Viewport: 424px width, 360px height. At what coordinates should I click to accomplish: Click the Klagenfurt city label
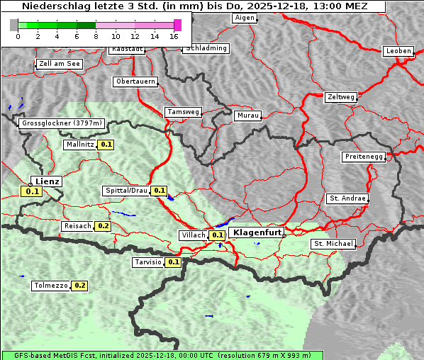(x=257, y=232)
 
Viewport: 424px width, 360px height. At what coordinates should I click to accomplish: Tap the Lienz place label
(x=48, y=181)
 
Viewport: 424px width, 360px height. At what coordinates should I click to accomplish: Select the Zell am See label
(x=60, y=64)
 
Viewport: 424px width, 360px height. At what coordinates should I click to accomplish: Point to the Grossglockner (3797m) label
(x=62, y=123)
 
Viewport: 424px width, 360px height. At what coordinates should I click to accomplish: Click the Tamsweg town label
(x=184, y=112)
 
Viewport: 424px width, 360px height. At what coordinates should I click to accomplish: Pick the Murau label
(x=249, y=115)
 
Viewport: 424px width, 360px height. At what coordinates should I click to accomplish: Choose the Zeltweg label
(x=341, y=96)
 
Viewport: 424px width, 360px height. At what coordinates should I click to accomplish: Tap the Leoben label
(x=398, y=51)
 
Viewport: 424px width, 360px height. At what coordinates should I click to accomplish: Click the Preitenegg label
(x=364, y=157)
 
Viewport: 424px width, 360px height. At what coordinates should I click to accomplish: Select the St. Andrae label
(x=347, y=198)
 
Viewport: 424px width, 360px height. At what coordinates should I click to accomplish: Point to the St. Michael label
(x=333, y=244)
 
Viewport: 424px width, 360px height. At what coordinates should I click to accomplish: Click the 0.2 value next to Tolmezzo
(x=79, y=286)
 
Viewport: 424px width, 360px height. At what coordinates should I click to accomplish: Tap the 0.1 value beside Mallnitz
(x=106, y=145)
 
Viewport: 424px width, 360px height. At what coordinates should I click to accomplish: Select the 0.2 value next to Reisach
(x=103, y=226)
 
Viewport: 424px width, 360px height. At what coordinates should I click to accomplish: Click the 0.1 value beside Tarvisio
(x=174, y=262)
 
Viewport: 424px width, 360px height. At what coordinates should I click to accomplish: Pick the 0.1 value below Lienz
(x=32, y=191)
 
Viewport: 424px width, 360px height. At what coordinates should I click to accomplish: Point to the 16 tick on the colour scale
(x=174, y=36)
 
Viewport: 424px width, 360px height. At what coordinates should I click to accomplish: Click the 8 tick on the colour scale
(x=96, y=36)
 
